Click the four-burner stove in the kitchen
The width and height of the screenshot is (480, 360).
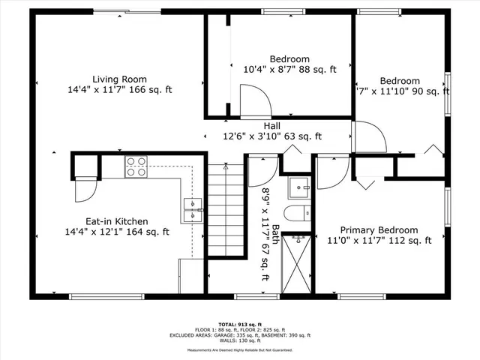pyautogui.click(x=136, y=166)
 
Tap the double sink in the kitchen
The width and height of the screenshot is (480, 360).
pyautogui.click(x=193, y=209)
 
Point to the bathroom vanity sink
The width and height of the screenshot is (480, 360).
pyautogui.click(x=301, y=184)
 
